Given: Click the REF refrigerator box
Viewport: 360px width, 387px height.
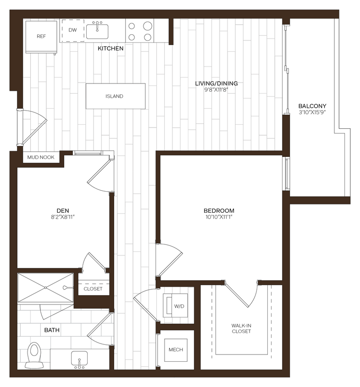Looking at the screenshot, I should pyautogui.click(x=41, y=36).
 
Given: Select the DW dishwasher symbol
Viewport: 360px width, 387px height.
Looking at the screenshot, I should pyautogui.click(x=72, y=30).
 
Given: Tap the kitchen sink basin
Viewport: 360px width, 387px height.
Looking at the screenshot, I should pyautogui.click(x=97, y=31).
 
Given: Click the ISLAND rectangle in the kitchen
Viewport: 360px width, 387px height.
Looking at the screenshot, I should pyautogui.click(x=115, y=96).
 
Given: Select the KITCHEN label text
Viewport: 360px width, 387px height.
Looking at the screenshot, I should pyautogui.click(x=111, y=48).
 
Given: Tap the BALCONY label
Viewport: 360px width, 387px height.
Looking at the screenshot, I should pyautogui.click(x=312, y=106).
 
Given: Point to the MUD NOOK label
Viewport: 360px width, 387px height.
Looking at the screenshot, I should pyautogui.click(x=41, y=157).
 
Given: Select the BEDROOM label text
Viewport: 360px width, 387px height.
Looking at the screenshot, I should pyautogui.click(x=219, y=211).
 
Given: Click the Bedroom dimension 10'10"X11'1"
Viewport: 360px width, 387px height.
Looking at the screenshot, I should pyautogui.click(x=219, y=217).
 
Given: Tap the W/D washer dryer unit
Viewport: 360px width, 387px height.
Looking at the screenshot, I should pyautogui.click(x=176, y=305).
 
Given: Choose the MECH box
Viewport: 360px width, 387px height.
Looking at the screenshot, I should pyautogui.click(x=176, y=349).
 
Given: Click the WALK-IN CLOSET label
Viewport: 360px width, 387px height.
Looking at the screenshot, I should pyautogui.click(x=241, y=328).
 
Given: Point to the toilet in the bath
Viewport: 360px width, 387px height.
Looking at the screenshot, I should pyautogui.click(x=33, y=355).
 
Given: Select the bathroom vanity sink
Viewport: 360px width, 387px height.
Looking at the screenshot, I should pyautogui.click(x=80, y=359).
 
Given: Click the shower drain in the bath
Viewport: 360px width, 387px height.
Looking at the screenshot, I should pyautogui.click(x=45, y=288).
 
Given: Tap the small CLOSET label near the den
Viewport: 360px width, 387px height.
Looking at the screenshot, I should pyautogui.click(x=93, y=289).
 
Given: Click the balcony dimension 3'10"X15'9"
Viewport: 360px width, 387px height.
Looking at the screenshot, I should pyautogui.click(x=312, y=112).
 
